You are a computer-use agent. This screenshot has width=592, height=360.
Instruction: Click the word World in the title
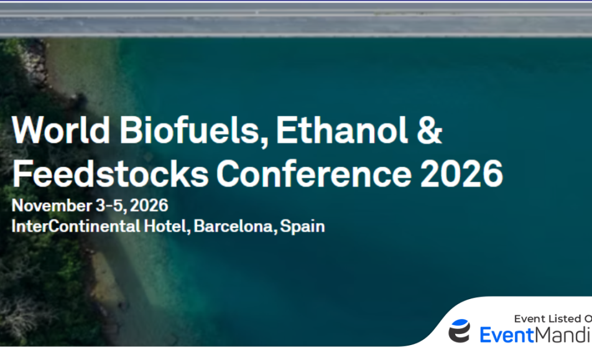61,130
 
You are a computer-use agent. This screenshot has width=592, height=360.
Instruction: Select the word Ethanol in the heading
342,130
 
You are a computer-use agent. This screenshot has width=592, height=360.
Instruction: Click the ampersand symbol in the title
429,130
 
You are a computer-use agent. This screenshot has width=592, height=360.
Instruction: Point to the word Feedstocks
110,173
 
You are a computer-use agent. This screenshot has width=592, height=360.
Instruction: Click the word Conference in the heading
314,173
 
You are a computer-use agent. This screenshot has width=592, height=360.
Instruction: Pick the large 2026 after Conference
461,173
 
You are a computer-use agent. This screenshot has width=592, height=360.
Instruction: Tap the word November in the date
52,205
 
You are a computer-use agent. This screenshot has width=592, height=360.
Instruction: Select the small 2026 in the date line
149,205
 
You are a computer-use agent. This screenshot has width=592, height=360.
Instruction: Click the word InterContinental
76,226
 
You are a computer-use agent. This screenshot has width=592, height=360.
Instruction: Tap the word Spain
302,227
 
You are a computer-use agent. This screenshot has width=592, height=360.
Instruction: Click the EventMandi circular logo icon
460,331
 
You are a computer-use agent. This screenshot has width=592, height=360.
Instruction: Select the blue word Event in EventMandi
507,335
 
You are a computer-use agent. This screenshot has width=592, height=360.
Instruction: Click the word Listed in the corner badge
562,319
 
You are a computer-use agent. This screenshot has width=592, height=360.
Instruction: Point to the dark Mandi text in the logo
563,335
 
